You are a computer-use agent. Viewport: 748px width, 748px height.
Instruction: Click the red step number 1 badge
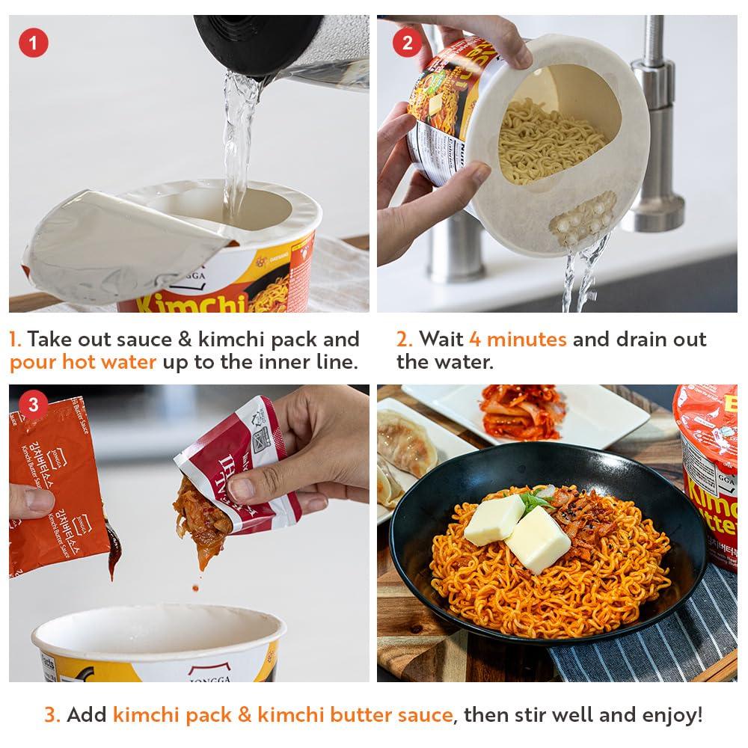click(x=33, y=41)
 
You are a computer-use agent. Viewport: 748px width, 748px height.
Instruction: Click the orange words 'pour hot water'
click(x=83, y=363)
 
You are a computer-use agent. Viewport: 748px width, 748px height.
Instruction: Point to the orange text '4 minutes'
click(x=517, y=339)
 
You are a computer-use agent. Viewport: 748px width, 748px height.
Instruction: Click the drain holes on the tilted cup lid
click(x=583, y=220)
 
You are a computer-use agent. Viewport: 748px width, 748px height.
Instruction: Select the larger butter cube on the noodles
click(x=537, y=539)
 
